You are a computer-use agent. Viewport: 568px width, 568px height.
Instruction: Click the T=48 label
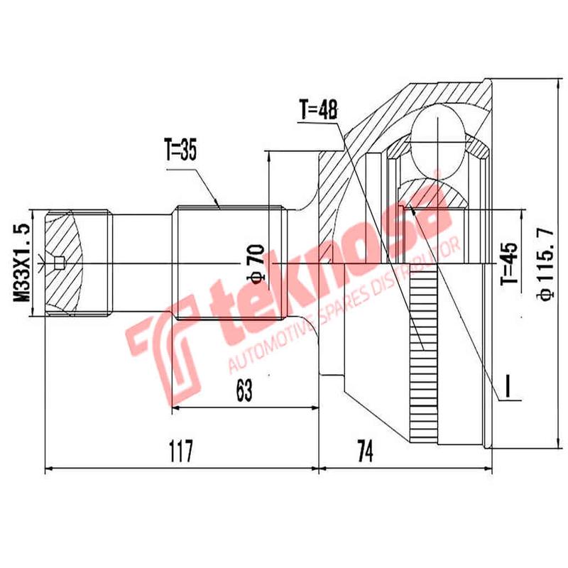pyautogui.click(x=318, y=110)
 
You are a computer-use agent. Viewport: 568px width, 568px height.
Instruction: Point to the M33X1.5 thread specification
pyautogui.click(x=22, y=263)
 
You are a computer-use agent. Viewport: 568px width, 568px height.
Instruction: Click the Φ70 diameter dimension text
pyautogui.click(x=257, y=263)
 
